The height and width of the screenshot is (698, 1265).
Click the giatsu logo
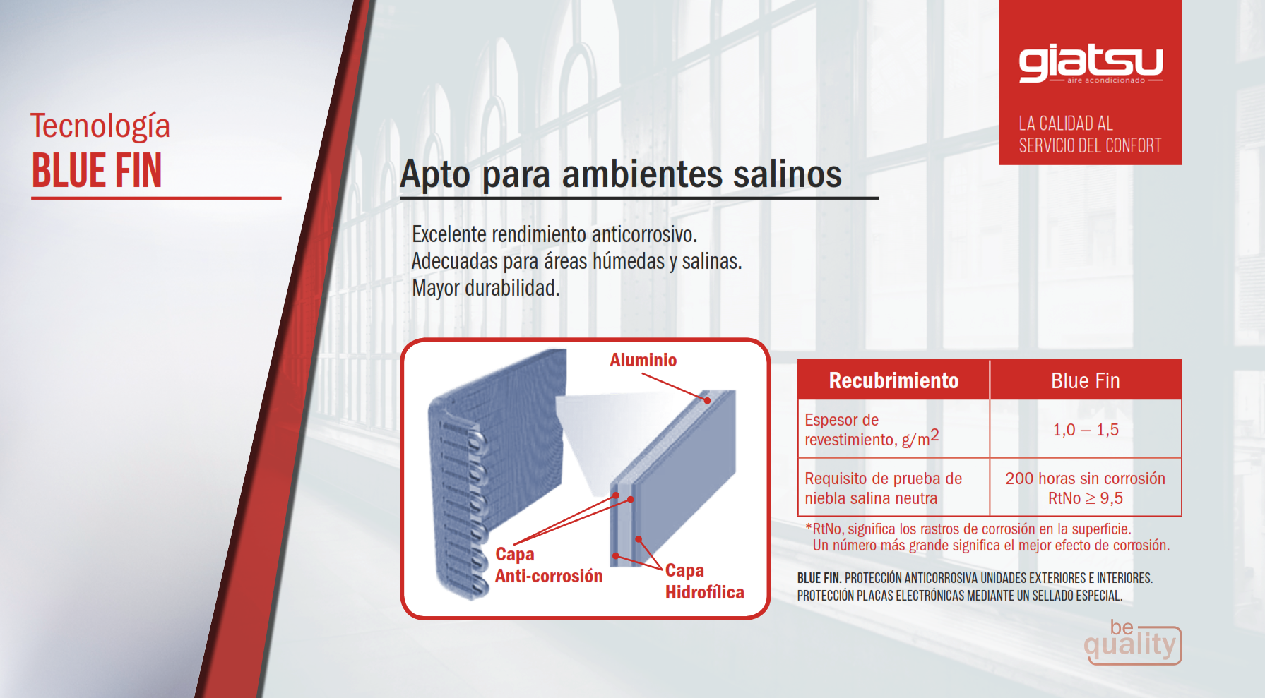point(1091,64)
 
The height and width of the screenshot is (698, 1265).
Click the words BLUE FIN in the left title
point(97,171)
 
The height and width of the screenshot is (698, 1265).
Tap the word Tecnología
point(100,126)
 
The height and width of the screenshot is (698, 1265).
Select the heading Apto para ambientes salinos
point(621,174)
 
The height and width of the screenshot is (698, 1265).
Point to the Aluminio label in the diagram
point(643,360)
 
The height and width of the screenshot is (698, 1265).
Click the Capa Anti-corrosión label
point(549,565)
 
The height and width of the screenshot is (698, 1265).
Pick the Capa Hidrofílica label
point(704,581)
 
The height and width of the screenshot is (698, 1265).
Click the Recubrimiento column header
point(893,380)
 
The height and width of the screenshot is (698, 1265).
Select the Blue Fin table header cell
point(1086,380)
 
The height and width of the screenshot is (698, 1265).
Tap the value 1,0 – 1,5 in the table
point(1086,430)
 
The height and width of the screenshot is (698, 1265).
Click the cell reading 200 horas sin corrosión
point(1086,479)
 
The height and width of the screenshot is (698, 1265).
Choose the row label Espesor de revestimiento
point(872,430)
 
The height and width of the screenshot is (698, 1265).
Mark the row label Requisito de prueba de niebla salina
point(883,488)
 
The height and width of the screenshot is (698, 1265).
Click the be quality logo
point(1132,642)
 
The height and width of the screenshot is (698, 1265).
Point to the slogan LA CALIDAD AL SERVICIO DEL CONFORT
point(1090,134)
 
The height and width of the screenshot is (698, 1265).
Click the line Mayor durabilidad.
point(485,288)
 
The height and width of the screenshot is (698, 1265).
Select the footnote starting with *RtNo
point(987,537)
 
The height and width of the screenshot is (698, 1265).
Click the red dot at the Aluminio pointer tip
point(707,400)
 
